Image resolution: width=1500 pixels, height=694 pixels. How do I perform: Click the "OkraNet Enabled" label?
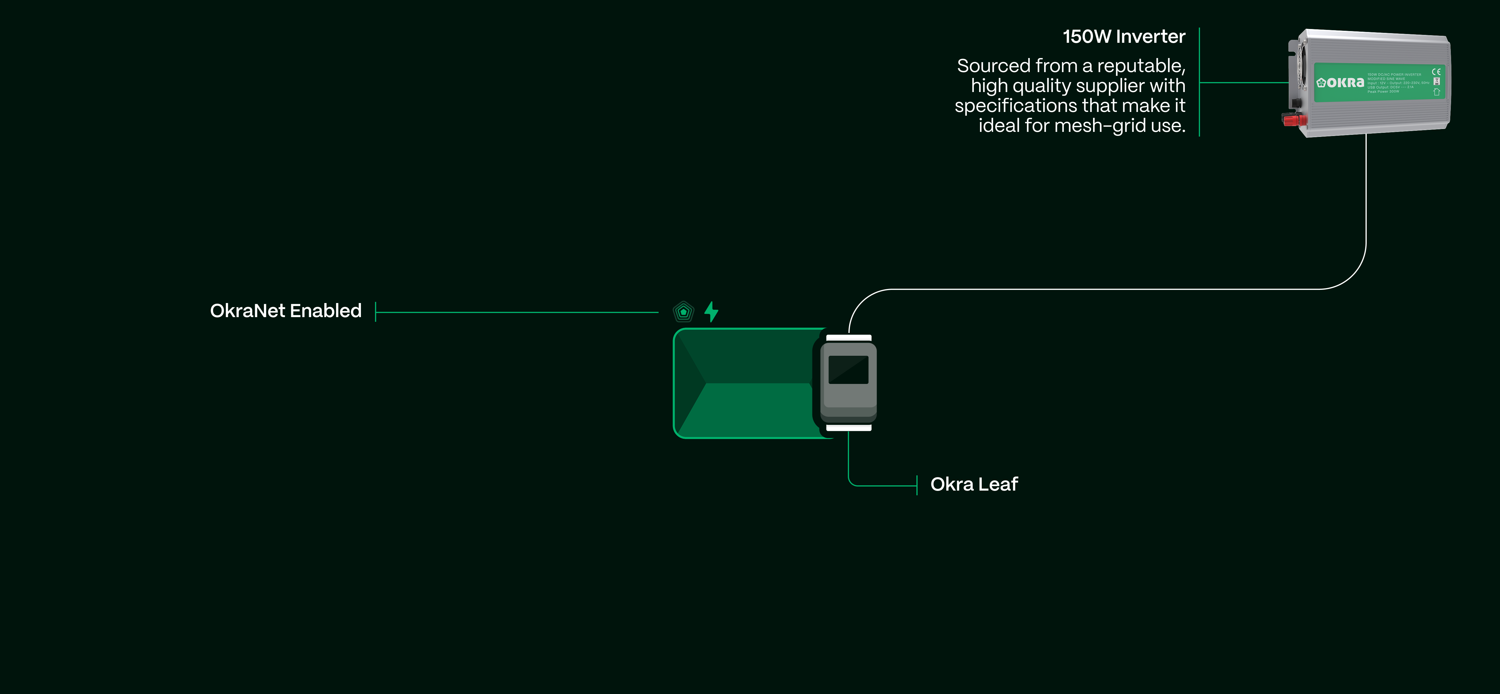point(285,311)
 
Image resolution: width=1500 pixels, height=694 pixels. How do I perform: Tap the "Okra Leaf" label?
point(974,484)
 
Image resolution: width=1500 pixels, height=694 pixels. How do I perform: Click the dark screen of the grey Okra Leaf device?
point(848,370)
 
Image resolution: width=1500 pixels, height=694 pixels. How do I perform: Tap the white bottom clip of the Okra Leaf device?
point(848,428)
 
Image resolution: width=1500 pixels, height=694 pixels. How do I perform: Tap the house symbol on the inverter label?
point(1436,92)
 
